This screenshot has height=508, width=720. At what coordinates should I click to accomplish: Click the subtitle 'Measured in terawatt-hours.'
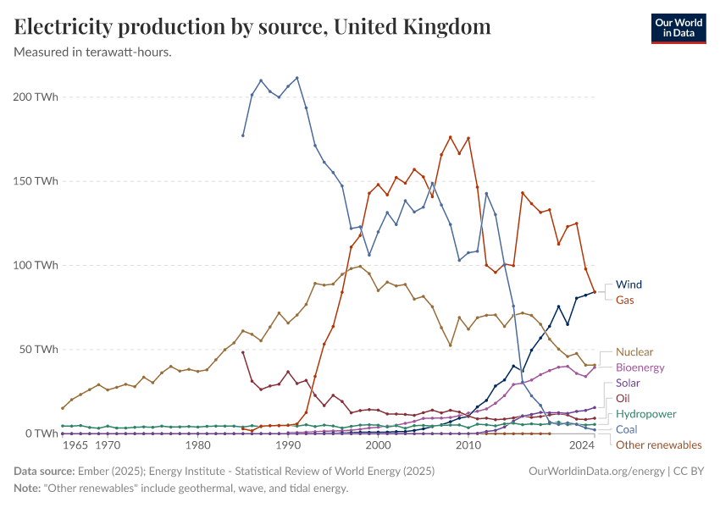click(x=93, y=52)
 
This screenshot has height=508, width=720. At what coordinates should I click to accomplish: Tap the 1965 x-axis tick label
click(x=75, y=445)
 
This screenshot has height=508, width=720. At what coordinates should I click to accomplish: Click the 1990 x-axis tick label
click(x=288, y=445)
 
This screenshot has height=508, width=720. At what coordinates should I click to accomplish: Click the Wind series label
click(x=629, y=284)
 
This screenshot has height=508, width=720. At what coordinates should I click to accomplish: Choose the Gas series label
click(x=625, y=300)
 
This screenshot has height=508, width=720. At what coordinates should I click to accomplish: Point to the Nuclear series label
click(x=634, y=351)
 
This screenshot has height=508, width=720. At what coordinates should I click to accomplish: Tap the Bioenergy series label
click(x=640, y=367)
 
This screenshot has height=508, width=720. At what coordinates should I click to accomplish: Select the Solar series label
click(x=628, y=383)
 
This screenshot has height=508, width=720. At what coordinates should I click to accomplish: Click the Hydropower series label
click(x=645, y=414)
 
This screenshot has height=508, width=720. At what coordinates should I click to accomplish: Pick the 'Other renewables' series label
click(x=658, y=444)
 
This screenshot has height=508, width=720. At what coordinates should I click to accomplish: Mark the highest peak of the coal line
click(x=296, y=78)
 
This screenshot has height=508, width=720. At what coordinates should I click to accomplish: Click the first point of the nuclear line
click(x=63, y=408)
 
